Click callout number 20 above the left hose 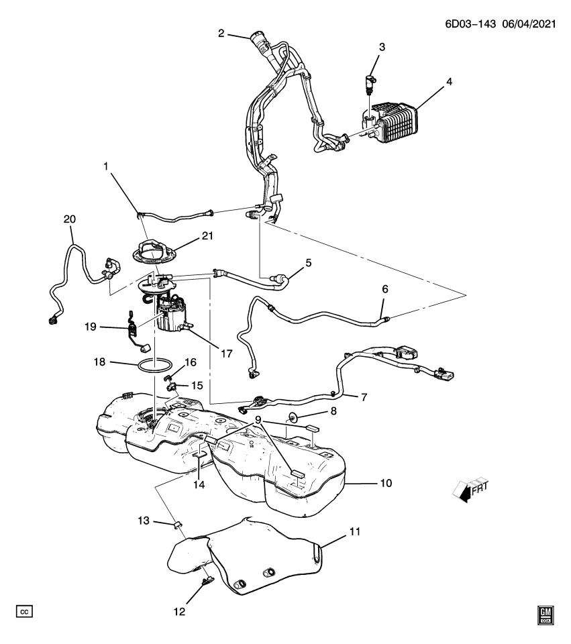70,219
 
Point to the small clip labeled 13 179,524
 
